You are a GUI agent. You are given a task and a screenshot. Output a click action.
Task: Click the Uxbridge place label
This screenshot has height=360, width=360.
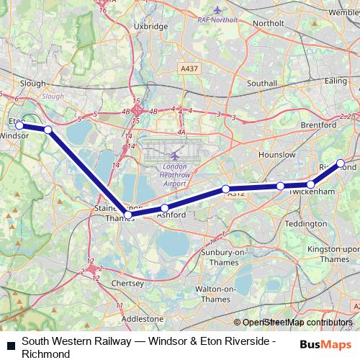[x=150, y=26]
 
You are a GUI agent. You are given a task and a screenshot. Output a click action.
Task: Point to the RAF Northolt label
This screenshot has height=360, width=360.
[x=219, y=19]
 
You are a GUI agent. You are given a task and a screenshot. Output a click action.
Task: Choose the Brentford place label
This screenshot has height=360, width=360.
[x=318, y=125]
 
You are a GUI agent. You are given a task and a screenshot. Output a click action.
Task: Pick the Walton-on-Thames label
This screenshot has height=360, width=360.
[x=216, y=294]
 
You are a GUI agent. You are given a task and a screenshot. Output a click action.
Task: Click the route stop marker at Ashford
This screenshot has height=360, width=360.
[x=165, y=208]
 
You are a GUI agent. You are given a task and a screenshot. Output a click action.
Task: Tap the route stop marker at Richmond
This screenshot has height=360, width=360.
[x=341, y=163]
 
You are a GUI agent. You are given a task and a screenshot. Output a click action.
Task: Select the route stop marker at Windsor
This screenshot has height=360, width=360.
[x=19, y=125]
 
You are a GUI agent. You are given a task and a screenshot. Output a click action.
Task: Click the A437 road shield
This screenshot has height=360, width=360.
[x=188, y=68]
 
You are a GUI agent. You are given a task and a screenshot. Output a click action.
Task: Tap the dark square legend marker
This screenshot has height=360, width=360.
[x=11, y=343]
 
